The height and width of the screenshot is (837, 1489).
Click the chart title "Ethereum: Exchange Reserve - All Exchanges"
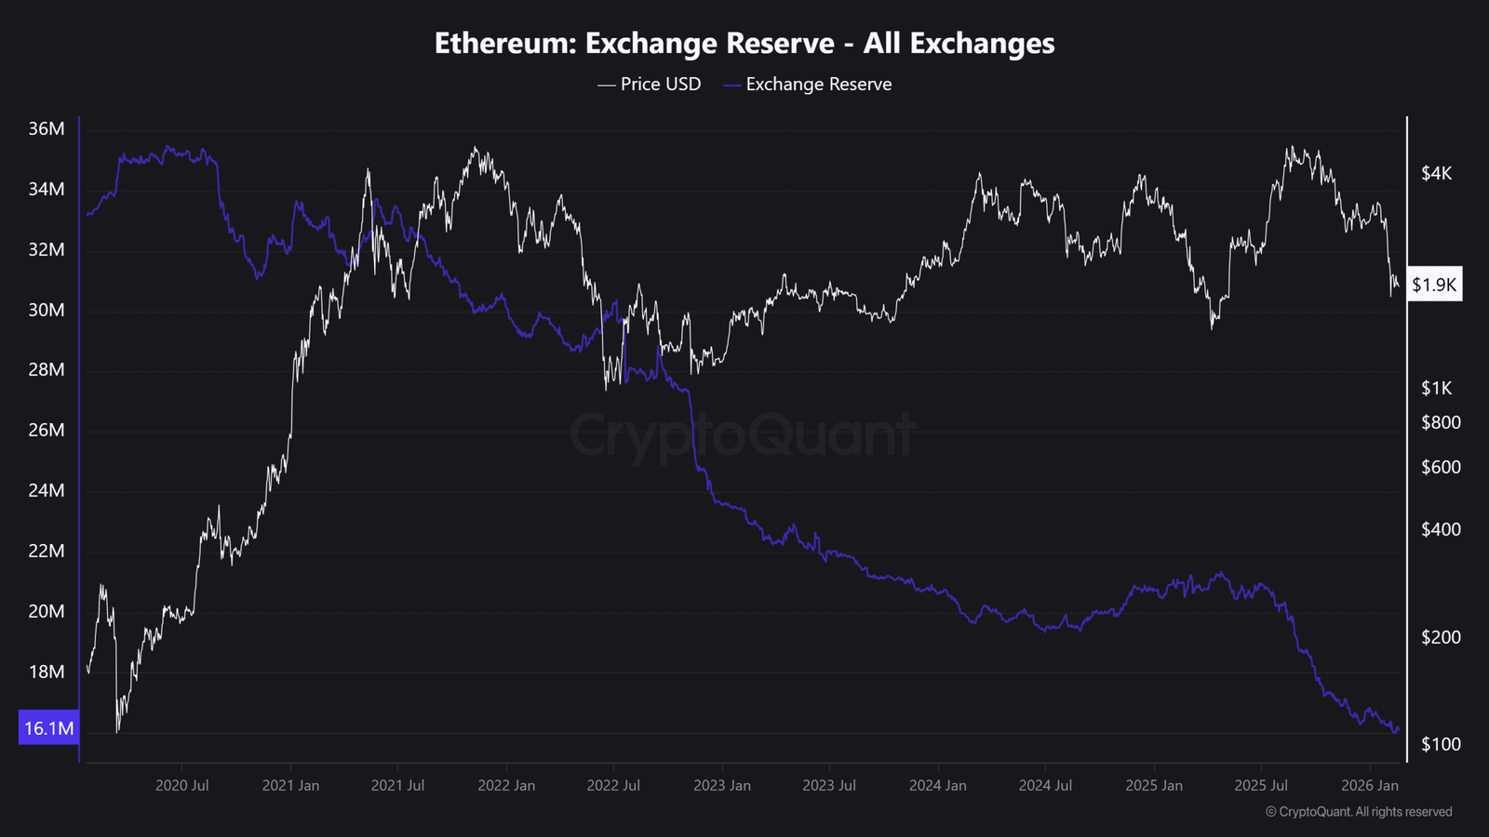[744, 44]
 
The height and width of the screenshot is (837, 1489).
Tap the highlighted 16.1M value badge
[48, 728]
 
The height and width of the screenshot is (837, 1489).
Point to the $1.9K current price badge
[1433, 285]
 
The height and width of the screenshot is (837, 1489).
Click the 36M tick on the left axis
[47, 129]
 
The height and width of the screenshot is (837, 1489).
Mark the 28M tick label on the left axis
[47, 370]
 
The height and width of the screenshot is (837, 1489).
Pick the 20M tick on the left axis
[47, 612]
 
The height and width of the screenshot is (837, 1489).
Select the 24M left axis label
[47, 491]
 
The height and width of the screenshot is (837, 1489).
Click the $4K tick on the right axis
[1436, 174]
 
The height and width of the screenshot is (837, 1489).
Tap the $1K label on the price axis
[1436, 389]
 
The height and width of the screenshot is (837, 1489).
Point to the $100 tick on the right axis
[1441, 744]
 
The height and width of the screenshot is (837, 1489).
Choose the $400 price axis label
[1441, 530]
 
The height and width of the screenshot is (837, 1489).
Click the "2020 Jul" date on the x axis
[181, 786]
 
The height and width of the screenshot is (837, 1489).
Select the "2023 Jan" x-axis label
[721, 786]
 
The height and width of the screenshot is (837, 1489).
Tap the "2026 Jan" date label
[1369, 786]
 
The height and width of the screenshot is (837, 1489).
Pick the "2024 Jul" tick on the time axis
[1045, 786]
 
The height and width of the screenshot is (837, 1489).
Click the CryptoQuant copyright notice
[1359, 812]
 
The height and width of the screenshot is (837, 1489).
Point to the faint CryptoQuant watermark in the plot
[743, 435]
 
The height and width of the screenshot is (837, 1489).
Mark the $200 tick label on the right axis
[1441, 637]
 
